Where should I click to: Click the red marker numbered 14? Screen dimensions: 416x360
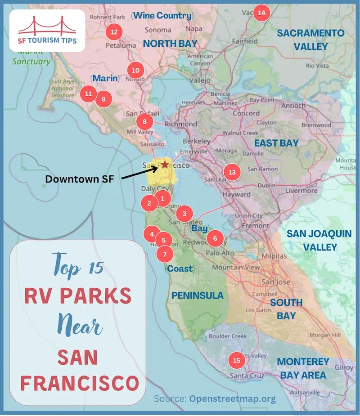point(261,13)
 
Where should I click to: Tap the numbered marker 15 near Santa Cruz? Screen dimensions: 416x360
point(237,360)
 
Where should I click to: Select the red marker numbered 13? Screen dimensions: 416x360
point(232,172)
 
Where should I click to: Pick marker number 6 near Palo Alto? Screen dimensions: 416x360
point(215,238)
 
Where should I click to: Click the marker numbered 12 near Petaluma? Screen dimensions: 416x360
point(113,32)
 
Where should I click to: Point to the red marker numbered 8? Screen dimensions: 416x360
point(144,121)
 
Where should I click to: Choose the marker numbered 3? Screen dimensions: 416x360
point(184,214)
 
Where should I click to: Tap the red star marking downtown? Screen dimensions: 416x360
point(165,165)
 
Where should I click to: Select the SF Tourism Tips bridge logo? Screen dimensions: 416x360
point(47,30)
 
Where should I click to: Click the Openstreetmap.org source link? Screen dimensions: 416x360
point(232,398)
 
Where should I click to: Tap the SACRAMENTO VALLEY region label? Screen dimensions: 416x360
point(310,40)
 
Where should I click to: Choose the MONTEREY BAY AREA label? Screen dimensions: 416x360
point(303,368)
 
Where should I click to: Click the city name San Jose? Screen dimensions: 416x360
point(273,282)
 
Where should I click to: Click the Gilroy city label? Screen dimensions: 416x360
point(344,367)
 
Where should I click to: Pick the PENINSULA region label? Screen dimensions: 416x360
point(198,295)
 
